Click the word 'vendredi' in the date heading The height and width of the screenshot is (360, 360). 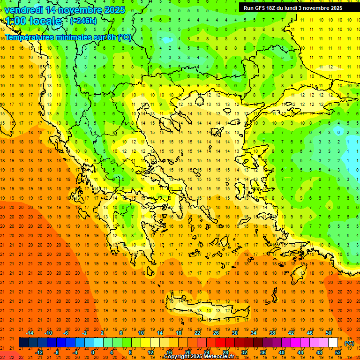click(24, 9)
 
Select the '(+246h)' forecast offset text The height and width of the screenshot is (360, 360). click(83, 21)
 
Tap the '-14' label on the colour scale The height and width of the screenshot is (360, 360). click(29, 333)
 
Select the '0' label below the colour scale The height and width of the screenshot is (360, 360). click(93, 352)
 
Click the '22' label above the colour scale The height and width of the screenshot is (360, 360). click(197, 333)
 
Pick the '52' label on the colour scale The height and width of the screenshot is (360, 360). click(337, 352)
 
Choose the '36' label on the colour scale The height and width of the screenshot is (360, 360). click(262, 352)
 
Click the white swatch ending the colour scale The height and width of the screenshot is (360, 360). click(333, 342)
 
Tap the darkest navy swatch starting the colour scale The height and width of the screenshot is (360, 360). click(23, 342)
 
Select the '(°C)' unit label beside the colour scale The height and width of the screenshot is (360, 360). click(349, 343)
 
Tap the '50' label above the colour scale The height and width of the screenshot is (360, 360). click(328, 333)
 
